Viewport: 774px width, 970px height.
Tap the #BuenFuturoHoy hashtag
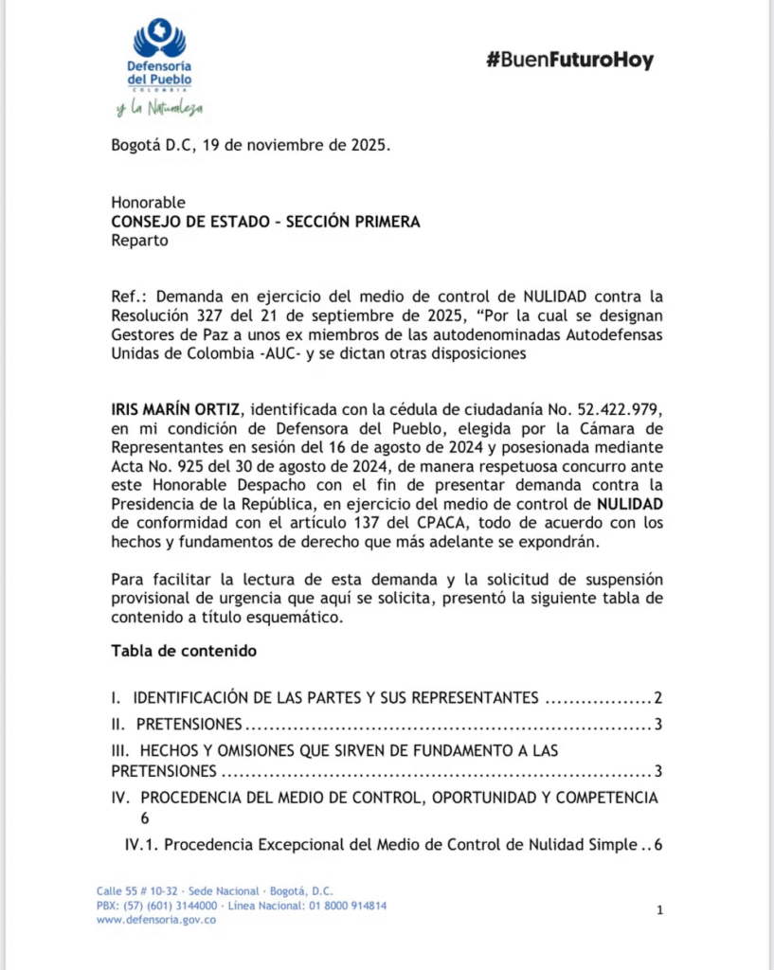point(569,61)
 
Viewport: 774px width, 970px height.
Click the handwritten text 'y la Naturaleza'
point(159,109)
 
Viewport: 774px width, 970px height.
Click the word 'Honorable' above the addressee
point(148,203)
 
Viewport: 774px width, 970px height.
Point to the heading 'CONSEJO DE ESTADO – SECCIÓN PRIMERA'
point(265,222)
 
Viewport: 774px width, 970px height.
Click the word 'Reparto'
point(139,240)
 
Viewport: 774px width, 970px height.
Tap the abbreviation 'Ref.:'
point(129,296)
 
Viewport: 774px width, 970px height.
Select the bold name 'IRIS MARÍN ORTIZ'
point(175,409)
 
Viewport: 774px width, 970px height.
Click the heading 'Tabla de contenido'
point(184,651)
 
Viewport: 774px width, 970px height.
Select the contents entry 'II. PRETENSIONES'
point(176,725)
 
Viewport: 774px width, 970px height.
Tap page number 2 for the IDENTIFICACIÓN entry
point(657,699)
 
